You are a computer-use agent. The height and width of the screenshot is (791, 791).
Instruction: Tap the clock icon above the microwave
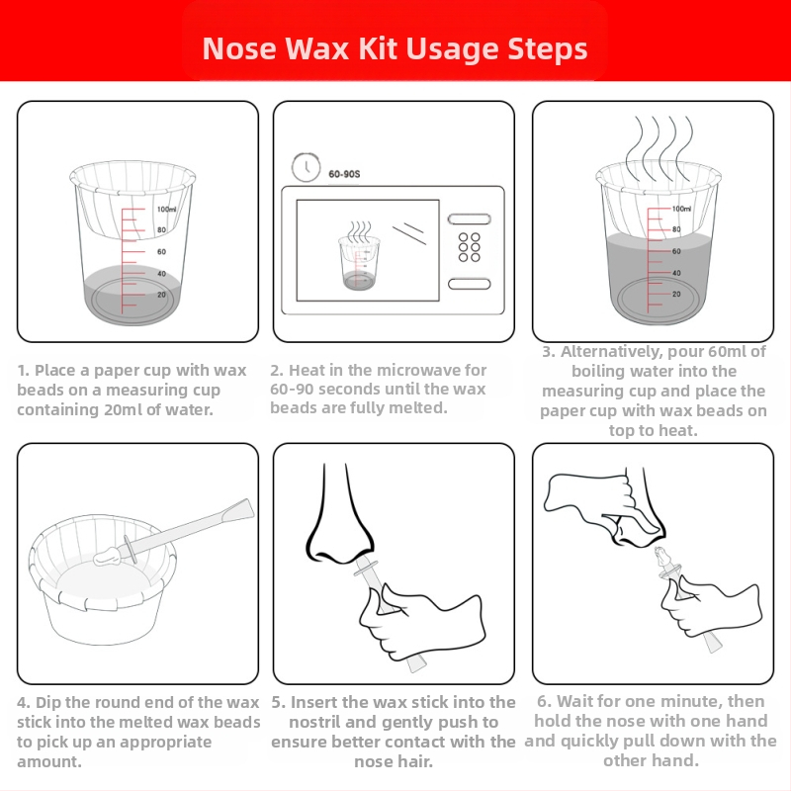(306, 167)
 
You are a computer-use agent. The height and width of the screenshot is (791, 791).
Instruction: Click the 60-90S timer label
(344, 174)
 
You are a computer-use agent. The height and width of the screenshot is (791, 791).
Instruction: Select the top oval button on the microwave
(469, 219)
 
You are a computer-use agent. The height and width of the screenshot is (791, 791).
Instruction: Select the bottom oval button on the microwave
(469, 284)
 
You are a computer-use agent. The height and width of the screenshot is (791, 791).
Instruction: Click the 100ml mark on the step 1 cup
(166, 210)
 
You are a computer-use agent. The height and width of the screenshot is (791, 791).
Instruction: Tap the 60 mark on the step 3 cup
(676, 251)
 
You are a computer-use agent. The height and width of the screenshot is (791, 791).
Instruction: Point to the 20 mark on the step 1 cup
(161, 295)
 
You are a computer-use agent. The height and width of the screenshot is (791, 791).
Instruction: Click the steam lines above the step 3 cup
(659, 146)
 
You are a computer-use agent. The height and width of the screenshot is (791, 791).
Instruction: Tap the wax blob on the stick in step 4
(107, 556)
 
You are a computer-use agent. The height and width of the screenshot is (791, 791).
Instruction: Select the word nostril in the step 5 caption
(314, 723)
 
